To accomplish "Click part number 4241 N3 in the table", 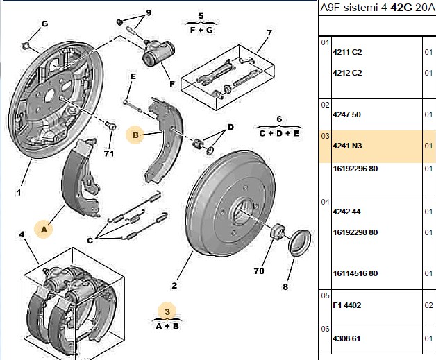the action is point(347,146).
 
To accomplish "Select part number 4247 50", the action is point(346,114).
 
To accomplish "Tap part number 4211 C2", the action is point(347,52).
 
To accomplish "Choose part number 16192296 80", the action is point(355,169).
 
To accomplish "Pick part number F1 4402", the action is point(346,305).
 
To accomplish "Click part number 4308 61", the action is point(346,338).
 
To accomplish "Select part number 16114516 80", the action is point(355,273).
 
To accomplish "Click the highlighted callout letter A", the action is point(44,230).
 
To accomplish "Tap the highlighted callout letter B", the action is point(135,135).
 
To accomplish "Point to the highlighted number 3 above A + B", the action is point(167,311).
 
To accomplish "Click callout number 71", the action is point(109,153).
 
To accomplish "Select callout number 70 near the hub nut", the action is point(258,271).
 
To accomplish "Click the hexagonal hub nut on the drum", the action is point(277,231).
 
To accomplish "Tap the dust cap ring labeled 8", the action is point(299,241).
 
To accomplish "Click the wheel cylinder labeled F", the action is point(158,52).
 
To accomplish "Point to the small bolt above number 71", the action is point(110,126).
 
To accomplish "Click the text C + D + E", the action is point(279,134).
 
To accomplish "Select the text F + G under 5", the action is point(201,30).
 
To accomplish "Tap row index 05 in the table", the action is point(325,295).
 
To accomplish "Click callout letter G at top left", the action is point(44,24).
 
